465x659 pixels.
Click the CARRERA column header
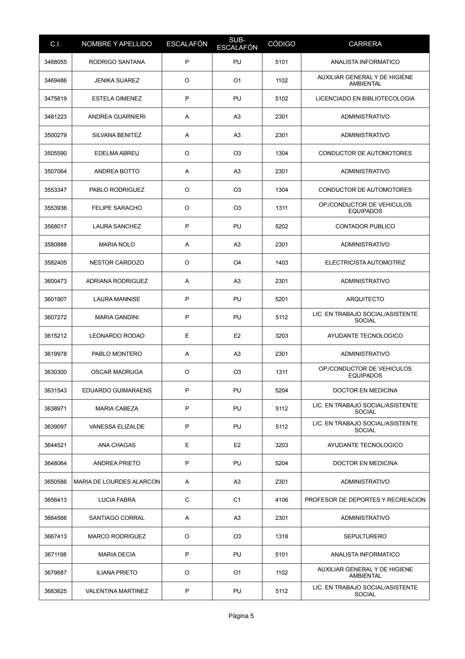tap(365, 44)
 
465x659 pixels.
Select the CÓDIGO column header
tap(282, 44)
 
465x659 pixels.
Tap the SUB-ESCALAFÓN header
tap(237, 44)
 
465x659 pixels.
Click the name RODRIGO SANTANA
tap(117, 62)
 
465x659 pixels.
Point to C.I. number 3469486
tap(56, 80)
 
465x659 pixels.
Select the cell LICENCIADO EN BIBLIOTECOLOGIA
tap(365, 99)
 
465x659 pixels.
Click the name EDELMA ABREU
tap(117, 153)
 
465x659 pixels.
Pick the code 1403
tap(282, 263)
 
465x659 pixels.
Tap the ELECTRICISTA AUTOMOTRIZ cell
tap(365, 263)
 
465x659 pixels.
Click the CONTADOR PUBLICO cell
tap(365, 226)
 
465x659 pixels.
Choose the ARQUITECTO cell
tap(365, 299)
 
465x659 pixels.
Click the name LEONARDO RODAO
tap(117, 336)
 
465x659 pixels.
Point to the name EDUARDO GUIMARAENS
tap(117, 390)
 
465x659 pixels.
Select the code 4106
tap(282, 500)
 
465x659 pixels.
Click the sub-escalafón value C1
tap(237, 500)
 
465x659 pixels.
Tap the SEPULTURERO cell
tap(365, 536)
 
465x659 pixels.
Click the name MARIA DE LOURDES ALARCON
tap(117, 482)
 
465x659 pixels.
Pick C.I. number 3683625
tap(56, 591)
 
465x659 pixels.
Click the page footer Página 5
tap(241, 616)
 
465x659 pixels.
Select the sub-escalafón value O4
tap(237, 263)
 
